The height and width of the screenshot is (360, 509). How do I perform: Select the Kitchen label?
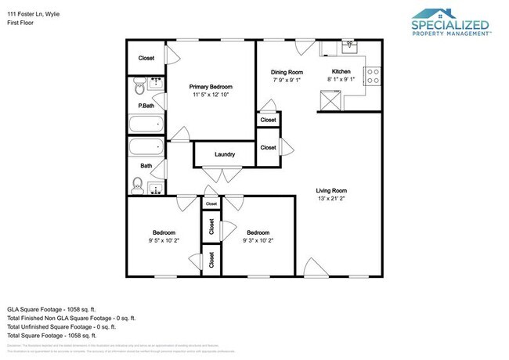click(x=341, y=71)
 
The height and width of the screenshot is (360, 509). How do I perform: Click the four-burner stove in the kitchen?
click(x=374, y=77)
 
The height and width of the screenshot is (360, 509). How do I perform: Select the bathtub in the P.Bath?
click(x=146, y=124)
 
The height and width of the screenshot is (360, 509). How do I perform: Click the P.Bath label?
click(x=146, y=106)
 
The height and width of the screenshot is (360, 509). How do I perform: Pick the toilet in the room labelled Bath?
click(x=138, y=185)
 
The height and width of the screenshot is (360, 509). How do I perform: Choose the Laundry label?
click(x=225, y=154)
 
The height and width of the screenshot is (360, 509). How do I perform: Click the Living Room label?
click(x=330, y=190)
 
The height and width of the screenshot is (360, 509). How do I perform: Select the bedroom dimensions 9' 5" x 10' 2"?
click(x=164, y=240)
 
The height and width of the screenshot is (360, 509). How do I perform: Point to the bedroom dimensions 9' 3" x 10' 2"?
click(x=258, y=240)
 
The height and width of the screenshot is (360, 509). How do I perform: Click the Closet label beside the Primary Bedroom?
click(x=146, y=59)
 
